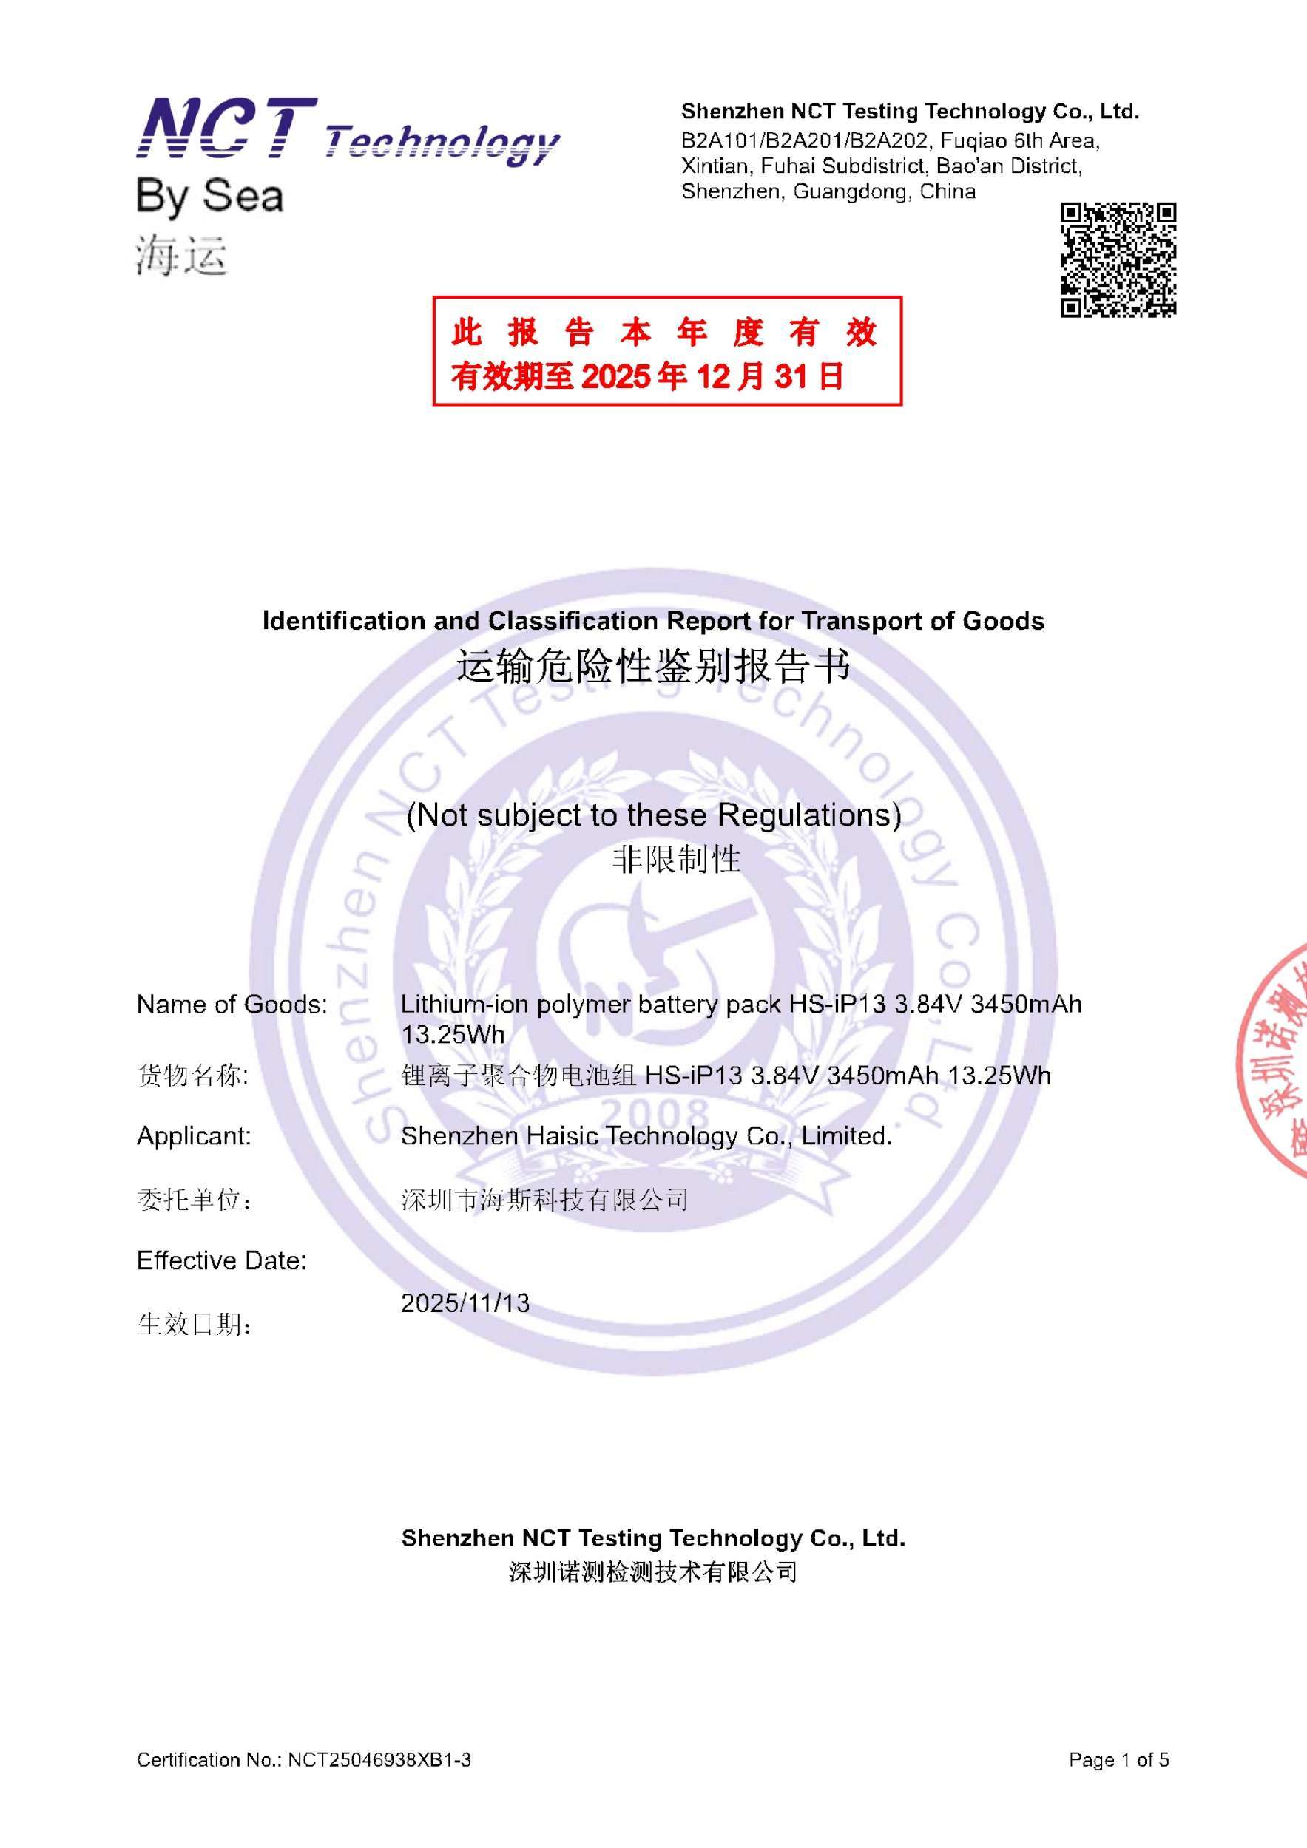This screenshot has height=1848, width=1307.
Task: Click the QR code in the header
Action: tap(1118, 259)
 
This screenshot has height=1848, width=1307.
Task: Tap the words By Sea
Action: tap(209, 197)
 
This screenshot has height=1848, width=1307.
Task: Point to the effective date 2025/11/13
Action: tap(465, 1303)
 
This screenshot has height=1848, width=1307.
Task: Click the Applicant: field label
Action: tap(194, 1135)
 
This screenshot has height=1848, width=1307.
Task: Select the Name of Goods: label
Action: tap(232, 1005)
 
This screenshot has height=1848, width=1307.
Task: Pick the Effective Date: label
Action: tap(221, 1260)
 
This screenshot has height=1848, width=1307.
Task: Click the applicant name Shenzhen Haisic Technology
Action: tap(646, 1135)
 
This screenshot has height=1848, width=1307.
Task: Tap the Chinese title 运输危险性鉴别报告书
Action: tap(653, 667)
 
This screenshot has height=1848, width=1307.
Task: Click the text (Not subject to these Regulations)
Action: tap(653, 815)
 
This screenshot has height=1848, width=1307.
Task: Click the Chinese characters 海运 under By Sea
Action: tap(181, 256)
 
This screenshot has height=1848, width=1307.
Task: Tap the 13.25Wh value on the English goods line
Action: tap(453, 1034)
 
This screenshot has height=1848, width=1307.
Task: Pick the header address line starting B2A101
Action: tap(890, 141)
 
